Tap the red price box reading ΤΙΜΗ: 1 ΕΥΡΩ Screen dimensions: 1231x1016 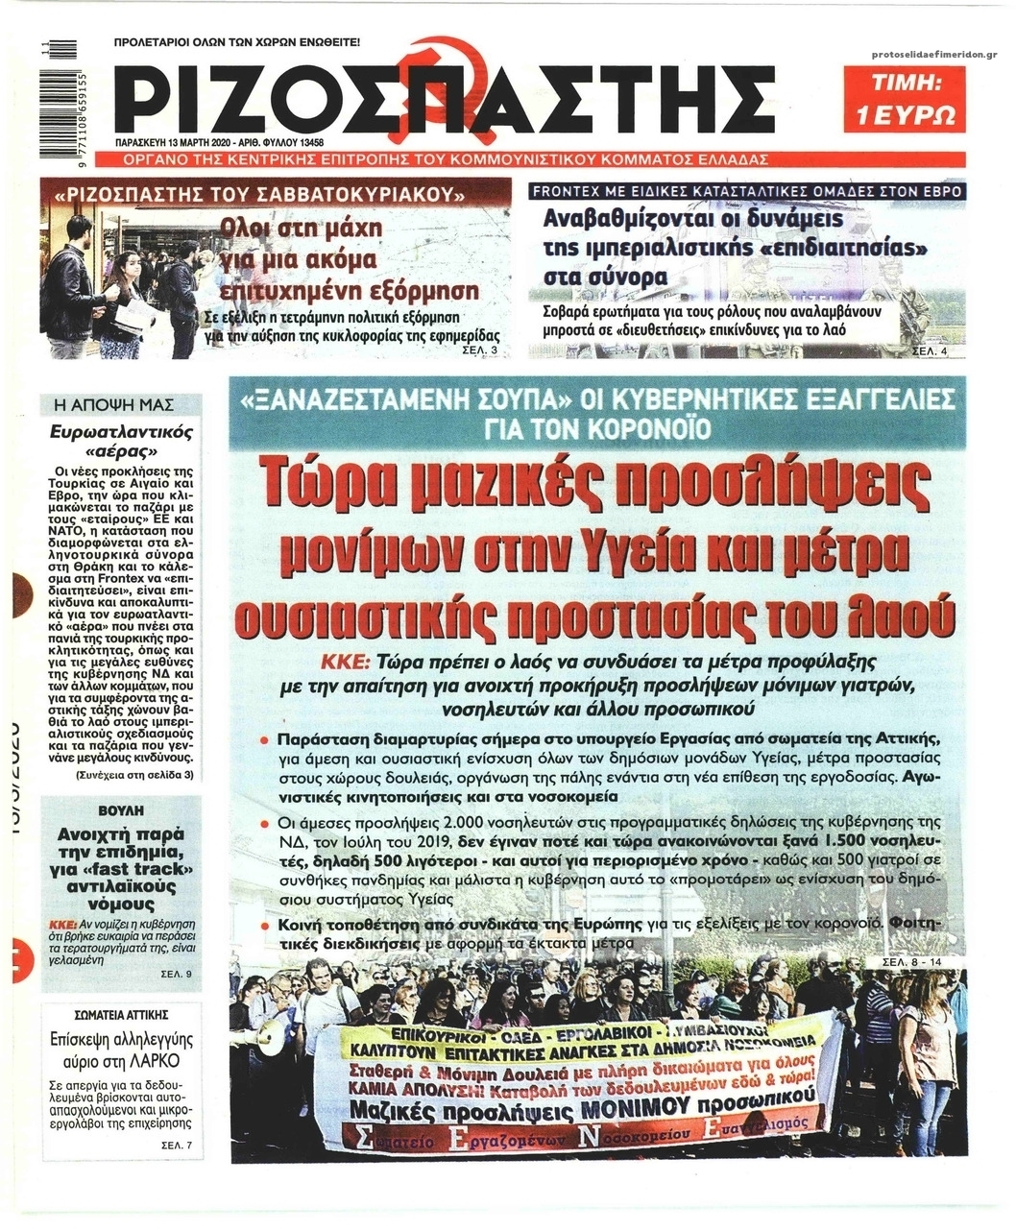coord(905,100)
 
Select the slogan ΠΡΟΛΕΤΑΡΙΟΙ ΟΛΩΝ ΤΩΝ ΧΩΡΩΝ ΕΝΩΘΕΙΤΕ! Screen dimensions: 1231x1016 coord(236,43)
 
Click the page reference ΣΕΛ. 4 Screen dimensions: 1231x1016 coord(927,351)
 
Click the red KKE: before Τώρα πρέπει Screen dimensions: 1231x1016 coord(348,663)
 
